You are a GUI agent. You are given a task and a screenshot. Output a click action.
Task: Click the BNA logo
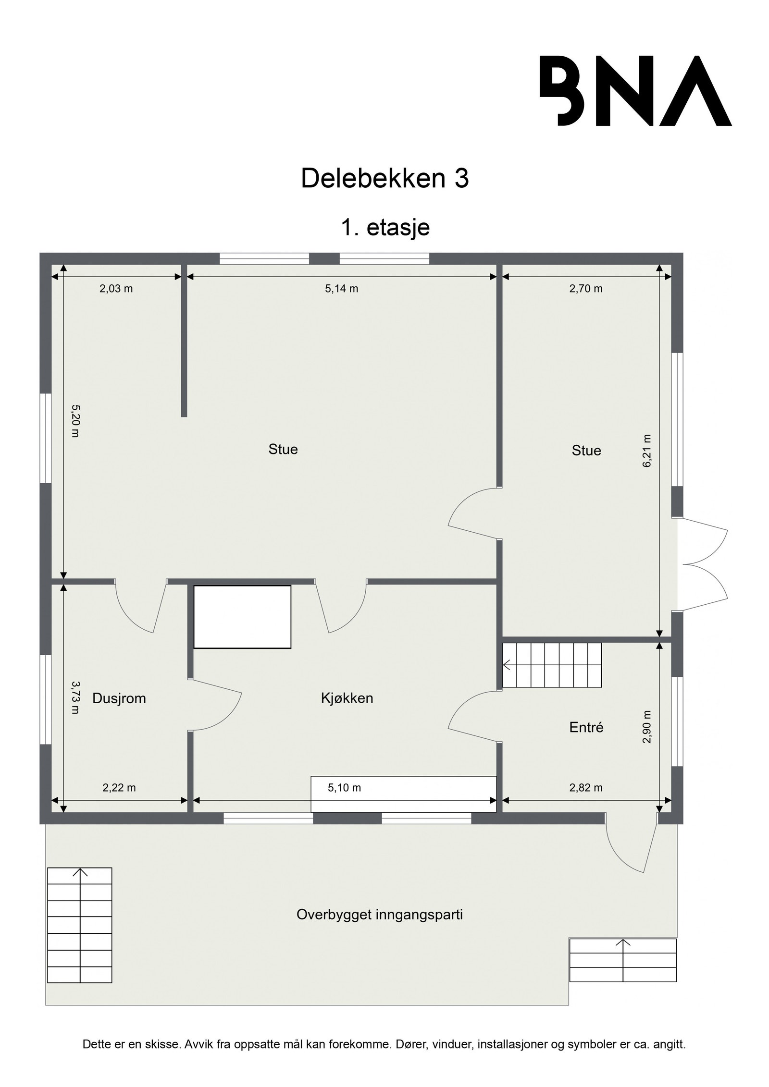[635, 91]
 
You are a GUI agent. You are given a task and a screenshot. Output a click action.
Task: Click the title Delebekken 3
[384, 179]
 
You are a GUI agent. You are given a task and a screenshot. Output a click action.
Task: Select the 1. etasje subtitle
[384, 227]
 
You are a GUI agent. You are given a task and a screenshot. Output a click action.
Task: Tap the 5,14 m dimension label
[341, 289]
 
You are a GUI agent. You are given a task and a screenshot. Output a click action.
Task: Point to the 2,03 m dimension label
[116, 289]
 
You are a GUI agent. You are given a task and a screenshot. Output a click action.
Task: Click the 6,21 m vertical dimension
[647, 451]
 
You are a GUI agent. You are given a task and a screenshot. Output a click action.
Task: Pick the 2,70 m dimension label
[585, 289]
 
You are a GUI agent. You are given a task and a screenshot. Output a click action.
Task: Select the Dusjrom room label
[119, 698]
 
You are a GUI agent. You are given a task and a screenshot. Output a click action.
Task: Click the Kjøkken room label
[347, 698]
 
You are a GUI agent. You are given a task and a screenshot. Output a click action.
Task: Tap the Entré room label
[586, 727]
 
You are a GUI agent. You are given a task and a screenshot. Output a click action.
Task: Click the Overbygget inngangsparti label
[379, 915]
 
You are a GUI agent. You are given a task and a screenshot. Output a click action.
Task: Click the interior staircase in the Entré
[552, 665]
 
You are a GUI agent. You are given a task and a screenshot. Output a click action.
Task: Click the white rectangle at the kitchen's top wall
[242, 617]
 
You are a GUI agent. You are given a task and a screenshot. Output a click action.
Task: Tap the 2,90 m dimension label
[647, 727]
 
